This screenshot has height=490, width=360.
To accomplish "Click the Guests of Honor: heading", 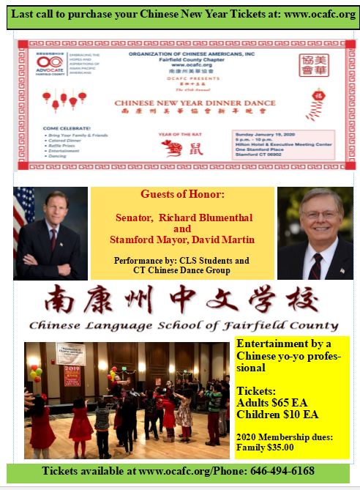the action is point(181,195).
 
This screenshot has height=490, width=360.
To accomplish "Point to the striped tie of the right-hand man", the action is point(316,264).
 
